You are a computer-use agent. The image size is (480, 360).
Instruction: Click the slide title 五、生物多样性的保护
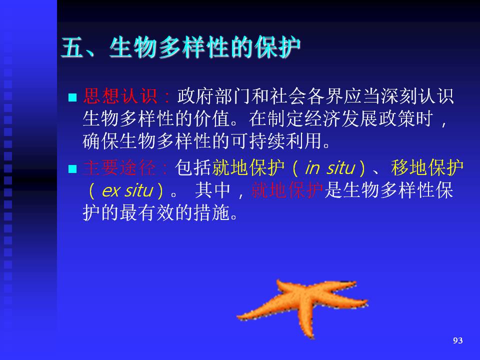click(180, 47)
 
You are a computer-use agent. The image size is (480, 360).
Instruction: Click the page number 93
click(457, 340)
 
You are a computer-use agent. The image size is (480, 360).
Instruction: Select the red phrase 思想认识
click(120, 96)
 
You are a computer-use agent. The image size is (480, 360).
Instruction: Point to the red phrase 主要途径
click(119, 168)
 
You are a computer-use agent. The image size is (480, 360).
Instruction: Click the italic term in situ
click(330, 168)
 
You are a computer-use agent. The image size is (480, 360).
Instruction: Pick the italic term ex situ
click(127, 190)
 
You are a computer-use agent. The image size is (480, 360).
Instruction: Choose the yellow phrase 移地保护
click(427, 168)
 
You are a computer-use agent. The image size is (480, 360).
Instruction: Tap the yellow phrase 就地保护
click(248, 168)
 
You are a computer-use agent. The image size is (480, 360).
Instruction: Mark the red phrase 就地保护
click(287, 190)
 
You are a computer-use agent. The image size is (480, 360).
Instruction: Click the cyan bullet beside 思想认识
click(72, 97)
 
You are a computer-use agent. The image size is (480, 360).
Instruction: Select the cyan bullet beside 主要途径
click(72, 169)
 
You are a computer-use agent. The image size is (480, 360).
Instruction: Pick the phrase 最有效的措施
click(175, 213)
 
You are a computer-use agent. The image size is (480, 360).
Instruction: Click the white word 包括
click(193, 168)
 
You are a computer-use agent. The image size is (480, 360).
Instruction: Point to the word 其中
click(213, 190)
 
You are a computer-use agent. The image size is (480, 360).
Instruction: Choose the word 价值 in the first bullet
click(212, 118)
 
